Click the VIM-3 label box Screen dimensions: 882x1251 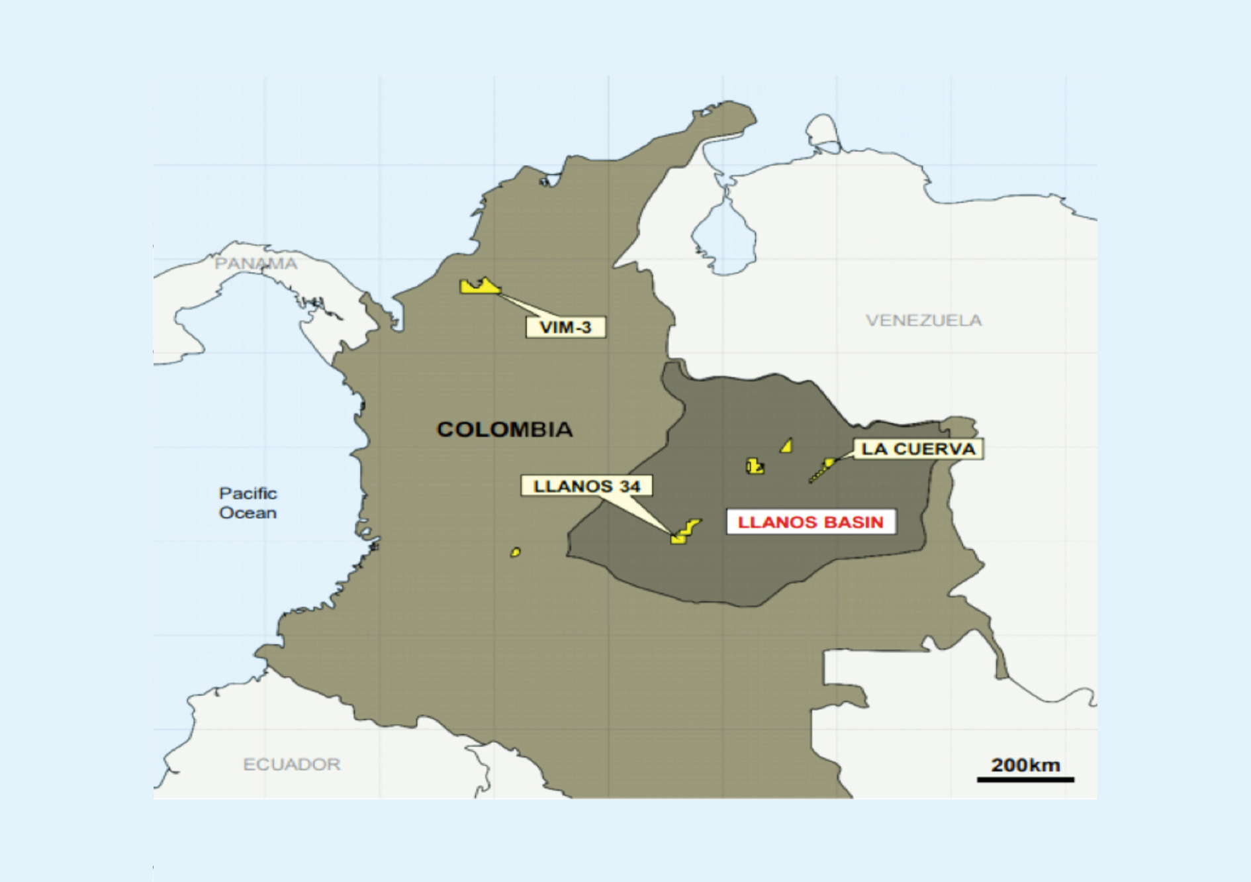[565, 327]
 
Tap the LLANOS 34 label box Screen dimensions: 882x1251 [586, 486]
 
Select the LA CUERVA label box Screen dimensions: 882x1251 [917, 449]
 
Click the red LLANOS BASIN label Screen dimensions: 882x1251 [811, 522]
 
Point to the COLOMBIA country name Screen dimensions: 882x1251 [504, 429]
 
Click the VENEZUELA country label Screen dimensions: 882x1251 [923, 320]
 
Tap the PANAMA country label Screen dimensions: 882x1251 [255, 264]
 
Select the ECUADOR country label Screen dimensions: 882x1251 [291, 764]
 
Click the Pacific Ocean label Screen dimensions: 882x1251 [248, 503]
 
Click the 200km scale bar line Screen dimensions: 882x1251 [1025, 779]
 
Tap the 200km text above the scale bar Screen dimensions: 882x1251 [1025, 765]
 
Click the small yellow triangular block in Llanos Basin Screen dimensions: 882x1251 [787, 446]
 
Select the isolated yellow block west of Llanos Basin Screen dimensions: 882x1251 [515, 552]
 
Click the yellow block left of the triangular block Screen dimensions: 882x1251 [755, 466]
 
